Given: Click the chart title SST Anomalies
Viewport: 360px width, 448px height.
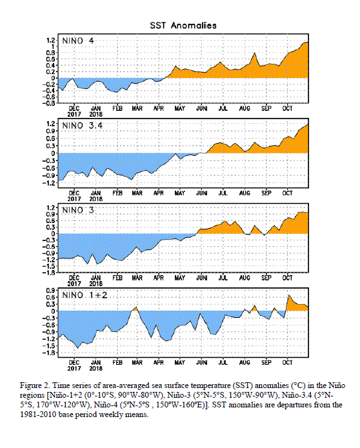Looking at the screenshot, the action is click(x=183, y=25).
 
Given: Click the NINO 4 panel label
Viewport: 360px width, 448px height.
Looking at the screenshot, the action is click(x=78, y=41).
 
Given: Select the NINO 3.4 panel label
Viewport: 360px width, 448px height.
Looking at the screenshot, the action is click(x=82, y=126).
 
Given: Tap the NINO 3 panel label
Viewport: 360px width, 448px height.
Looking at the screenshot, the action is click(x=78, y=210).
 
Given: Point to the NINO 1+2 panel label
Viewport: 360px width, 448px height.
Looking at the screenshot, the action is click(x=85, y=295).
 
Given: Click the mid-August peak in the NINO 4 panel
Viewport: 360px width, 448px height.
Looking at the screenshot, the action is click(x=254, y=53).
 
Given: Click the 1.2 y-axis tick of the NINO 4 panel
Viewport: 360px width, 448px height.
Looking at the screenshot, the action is click(x=50, y=40).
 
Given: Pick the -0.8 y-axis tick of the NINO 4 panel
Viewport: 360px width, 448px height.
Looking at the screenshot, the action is click(x=49, y=103).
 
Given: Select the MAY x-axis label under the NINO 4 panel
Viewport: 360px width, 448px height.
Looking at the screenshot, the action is click(x=180, y=108).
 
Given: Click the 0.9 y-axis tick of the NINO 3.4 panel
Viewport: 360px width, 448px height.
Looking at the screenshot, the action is click(x=50, y=131).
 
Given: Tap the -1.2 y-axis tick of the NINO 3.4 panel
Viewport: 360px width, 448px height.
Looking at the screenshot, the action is click(x=49, y=183).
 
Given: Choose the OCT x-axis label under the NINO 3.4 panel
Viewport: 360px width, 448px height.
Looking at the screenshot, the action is click(x=287, y=193).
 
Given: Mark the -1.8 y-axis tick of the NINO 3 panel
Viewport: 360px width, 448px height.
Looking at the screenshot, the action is click(x=49, y=273).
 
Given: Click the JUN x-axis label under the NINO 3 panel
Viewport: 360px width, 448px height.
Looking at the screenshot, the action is click(x=201, y=278).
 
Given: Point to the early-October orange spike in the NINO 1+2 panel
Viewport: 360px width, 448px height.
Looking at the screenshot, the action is click(x=289, y=295).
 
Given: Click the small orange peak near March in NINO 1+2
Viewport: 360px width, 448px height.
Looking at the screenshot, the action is click(x=136, y=307).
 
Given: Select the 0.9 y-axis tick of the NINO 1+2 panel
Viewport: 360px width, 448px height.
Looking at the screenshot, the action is click(x=50, y=290).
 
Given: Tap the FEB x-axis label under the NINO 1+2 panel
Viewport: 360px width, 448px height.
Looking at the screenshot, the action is click(x=117, y=362).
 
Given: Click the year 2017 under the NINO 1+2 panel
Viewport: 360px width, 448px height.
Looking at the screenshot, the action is click(x=74, y=369).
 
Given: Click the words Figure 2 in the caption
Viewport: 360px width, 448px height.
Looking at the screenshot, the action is click(x=32, y=385).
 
